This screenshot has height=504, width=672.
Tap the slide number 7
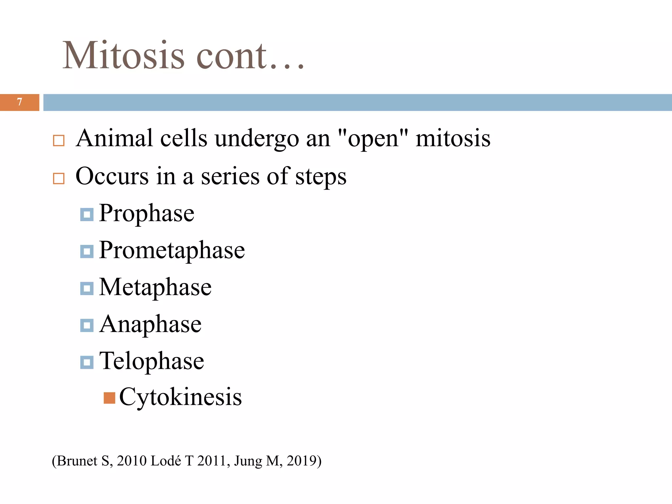tap(20, 102)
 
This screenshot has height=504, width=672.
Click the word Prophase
tap(147, 213)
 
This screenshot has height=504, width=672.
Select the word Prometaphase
tap(172, 250)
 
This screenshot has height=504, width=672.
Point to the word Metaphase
tap(155, 287)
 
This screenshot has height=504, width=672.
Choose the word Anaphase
tap(150, 324)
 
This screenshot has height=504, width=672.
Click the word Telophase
tap(152, 361)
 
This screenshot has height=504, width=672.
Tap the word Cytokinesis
tap(180, 397)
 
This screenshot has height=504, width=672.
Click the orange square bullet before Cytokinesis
tap(109, 398)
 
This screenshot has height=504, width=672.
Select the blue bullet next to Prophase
tap(87, 215)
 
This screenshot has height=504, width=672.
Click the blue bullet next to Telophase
tap(87, 362)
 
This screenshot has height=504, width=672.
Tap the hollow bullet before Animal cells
tap(59, 140)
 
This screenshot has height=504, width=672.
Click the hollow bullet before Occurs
tap(59, 178)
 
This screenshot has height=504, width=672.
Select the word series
tap(230, 177)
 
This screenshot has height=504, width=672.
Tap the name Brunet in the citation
tap(77, 461)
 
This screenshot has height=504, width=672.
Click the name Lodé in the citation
tap(166, 461)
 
